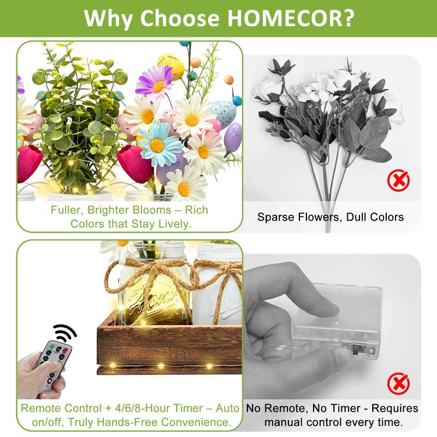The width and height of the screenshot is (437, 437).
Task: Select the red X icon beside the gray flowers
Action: [398, 180]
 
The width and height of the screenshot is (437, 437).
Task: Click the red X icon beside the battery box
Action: [398, 383]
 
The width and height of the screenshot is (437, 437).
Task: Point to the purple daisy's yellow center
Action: [159, 87]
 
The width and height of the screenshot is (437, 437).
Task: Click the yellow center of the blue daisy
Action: [157, 145]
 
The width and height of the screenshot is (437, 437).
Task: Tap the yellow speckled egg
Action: [171, 67]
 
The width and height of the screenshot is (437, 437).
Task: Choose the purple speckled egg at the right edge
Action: [233, 137]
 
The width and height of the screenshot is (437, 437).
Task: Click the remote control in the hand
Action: [53, 365]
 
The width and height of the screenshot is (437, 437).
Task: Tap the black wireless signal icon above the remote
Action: [64, 333]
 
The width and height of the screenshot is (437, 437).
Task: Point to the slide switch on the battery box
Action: [356, 350]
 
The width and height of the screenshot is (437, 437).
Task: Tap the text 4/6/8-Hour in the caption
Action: [144, 408]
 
